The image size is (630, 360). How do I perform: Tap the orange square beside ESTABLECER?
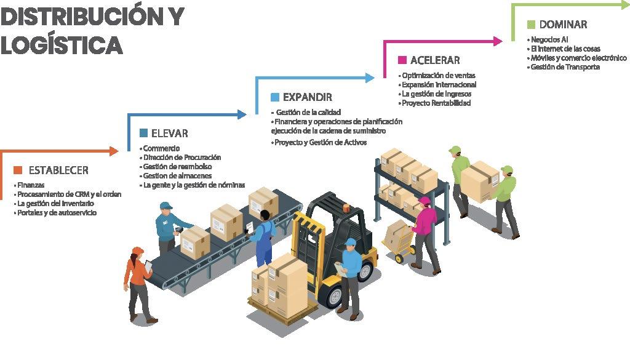point(17,170)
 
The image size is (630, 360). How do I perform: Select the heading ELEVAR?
point(169,134)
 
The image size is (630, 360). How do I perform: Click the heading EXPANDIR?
point(307,97)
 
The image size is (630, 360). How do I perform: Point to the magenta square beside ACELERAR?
point(402,60)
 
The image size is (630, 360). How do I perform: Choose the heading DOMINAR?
point(563,25)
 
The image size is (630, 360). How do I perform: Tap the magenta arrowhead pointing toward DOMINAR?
point(498,41)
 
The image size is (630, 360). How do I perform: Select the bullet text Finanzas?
point(31,185)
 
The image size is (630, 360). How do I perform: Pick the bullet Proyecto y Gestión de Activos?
point(320,142)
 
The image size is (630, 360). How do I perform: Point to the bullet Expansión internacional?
point(439,85)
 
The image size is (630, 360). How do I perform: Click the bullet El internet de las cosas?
point(565,49)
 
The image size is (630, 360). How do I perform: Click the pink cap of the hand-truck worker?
point(424,201)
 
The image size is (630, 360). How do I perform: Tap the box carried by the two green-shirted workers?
point(480,180)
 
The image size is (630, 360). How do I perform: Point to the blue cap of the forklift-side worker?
point(350,242)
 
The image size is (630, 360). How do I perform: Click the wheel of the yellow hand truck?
point(399,258)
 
